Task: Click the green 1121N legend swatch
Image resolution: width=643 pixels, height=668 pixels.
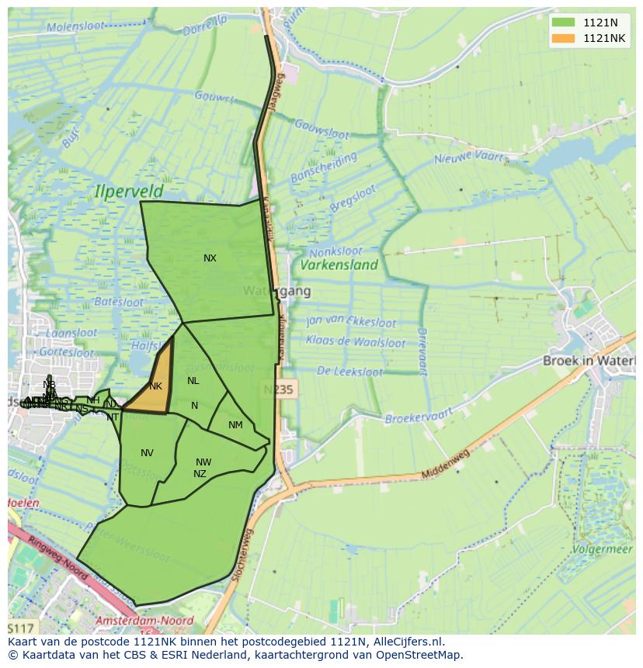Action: (x=564, y=22)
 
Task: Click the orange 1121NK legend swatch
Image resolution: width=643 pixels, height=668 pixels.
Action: (x=564, y=38)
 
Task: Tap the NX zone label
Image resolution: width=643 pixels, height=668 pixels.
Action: (x=210, y=258)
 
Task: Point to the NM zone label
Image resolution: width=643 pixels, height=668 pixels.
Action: (x=235, y=424)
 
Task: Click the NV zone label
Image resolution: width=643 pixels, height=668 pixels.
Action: (x=147, y=453)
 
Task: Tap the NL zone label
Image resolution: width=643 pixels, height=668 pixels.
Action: (x=193, y=381)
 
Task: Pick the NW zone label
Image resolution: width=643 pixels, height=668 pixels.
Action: (x=203, y=462)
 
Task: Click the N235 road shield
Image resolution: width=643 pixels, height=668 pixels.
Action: (x=278, y=389)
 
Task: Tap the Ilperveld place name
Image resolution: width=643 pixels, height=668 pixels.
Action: (x=130, y=190)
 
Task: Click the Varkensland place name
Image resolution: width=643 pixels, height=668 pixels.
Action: (x=339, y=265)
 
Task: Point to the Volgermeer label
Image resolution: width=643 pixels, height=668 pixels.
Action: (x=603, y=550)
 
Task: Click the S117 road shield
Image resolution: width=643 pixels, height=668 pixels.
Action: (x=21, y=628)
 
